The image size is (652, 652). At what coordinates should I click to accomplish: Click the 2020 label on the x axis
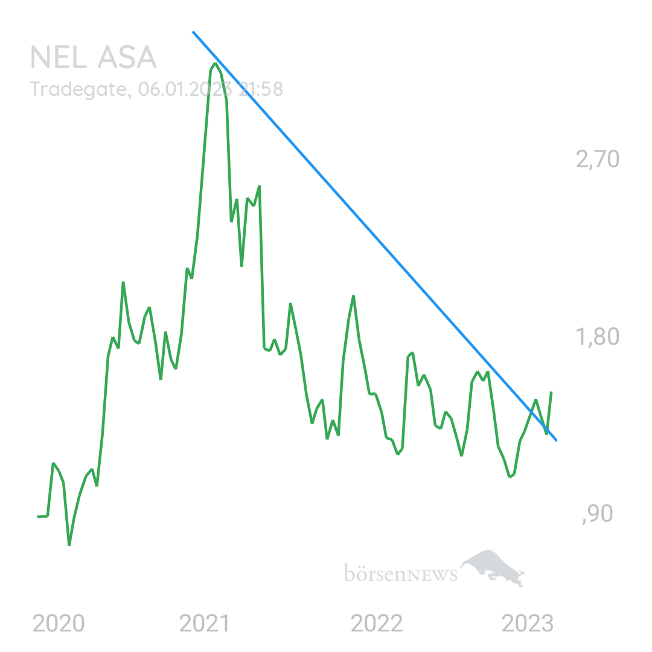tap(59, 623)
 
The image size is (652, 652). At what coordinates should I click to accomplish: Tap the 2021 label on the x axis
tap(204, 623)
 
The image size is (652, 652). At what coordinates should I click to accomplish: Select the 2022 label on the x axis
tap(377, 623)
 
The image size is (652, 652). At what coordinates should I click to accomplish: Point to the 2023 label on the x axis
tap(527, 623)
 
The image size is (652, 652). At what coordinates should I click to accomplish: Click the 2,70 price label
tap(598, 159)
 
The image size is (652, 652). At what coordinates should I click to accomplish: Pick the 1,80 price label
tap(598, 336)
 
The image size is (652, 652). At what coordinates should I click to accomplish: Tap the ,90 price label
tap(598, 514)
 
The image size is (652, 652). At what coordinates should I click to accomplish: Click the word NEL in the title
tap(59, 57)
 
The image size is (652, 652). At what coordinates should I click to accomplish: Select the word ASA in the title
tap(127, 57)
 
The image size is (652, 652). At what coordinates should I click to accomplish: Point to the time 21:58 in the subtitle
tap(261, 89)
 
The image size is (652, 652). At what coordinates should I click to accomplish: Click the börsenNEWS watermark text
tap(401, 573)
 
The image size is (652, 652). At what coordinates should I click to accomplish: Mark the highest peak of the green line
tap(215, 63)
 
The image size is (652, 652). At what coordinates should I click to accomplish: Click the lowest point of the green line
tap(69, 545)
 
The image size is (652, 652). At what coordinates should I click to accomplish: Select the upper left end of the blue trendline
tap(193, 31)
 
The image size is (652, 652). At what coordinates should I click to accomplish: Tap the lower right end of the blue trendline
tap(556, 440)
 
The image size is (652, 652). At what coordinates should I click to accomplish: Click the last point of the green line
tap(551, 392)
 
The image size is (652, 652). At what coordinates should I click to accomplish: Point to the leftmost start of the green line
tap(38, 516)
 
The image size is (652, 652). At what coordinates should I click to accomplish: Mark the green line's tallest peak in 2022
tap(353, 296)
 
